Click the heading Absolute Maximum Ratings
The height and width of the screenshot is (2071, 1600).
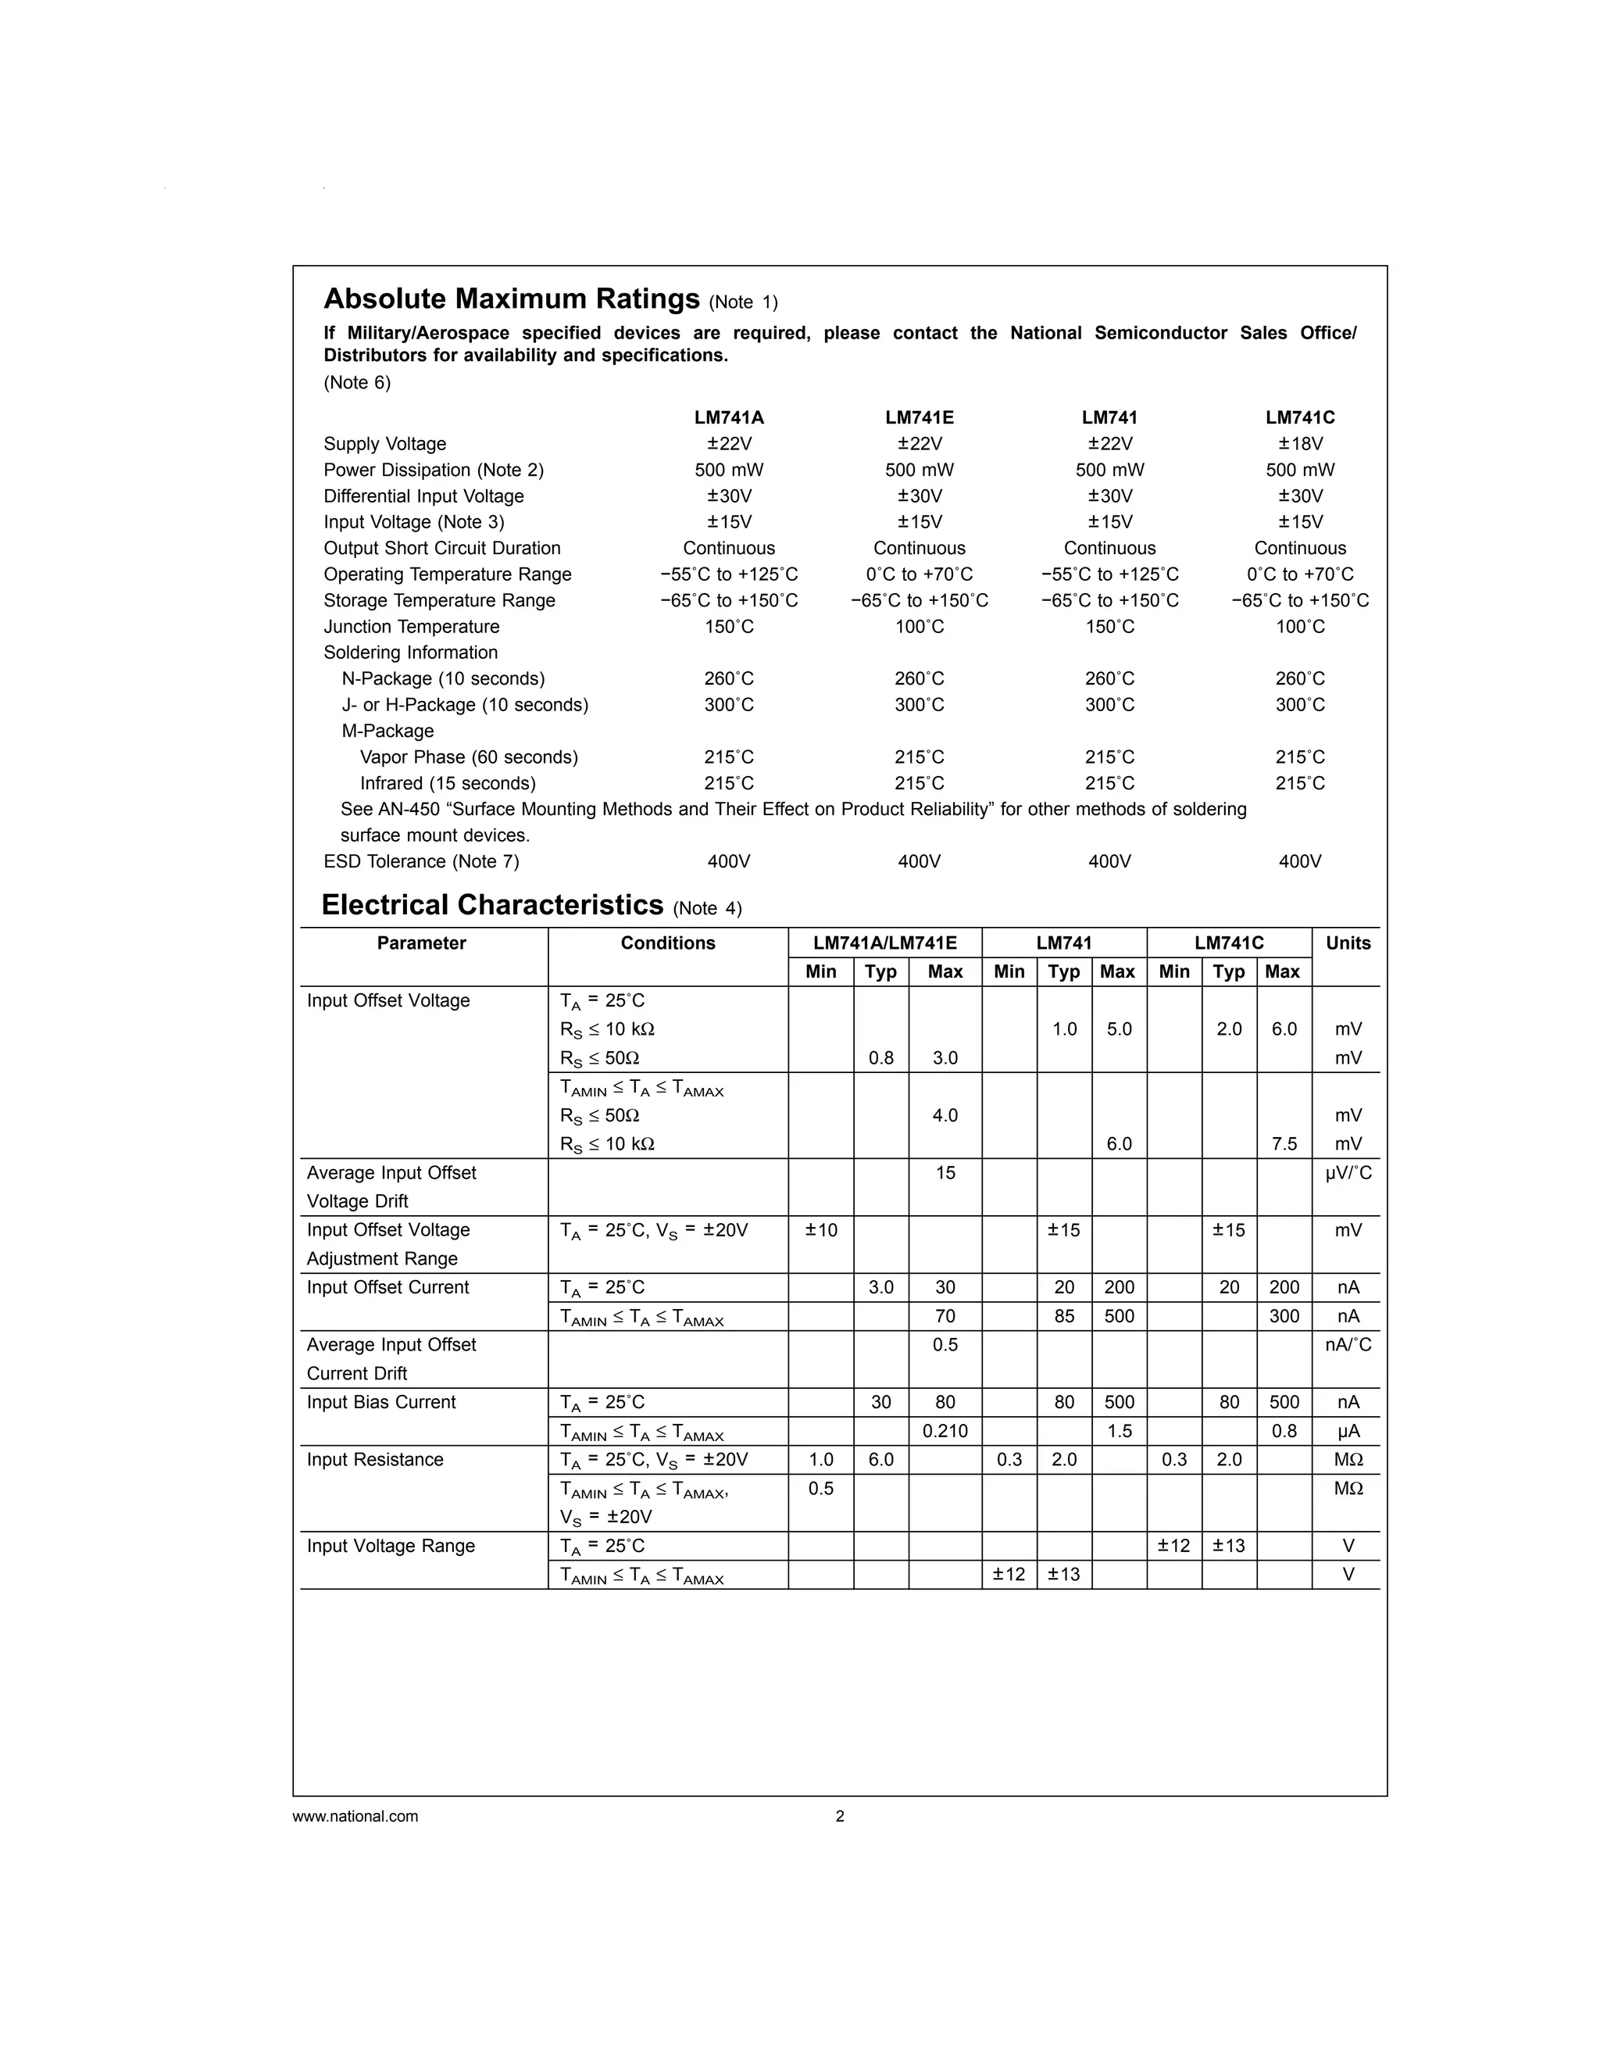512,299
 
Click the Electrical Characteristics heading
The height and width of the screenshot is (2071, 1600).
492,906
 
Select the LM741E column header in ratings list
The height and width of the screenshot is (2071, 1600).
920,417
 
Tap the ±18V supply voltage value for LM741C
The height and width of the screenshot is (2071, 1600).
1299,444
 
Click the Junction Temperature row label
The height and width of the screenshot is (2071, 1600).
412,627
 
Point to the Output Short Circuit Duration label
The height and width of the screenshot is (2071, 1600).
441,548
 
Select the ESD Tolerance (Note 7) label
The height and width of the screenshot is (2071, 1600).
421,862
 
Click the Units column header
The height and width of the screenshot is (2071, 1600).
1347,943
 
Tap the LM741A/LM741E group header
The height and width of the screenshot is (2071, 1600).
884,943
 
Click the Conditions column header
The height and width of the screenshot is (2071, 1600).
667,943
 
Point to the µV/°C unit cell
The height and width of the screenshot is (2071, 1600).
1347,1174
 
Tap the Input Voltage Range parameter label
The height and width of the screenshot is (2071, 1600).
391,1547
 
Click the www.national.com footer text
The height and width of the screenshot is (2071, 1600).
355,1817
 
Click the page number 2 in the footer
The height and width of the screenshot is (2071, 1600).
840,1817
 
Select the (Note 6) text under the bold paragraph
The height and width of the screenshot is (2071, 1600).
357,383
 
